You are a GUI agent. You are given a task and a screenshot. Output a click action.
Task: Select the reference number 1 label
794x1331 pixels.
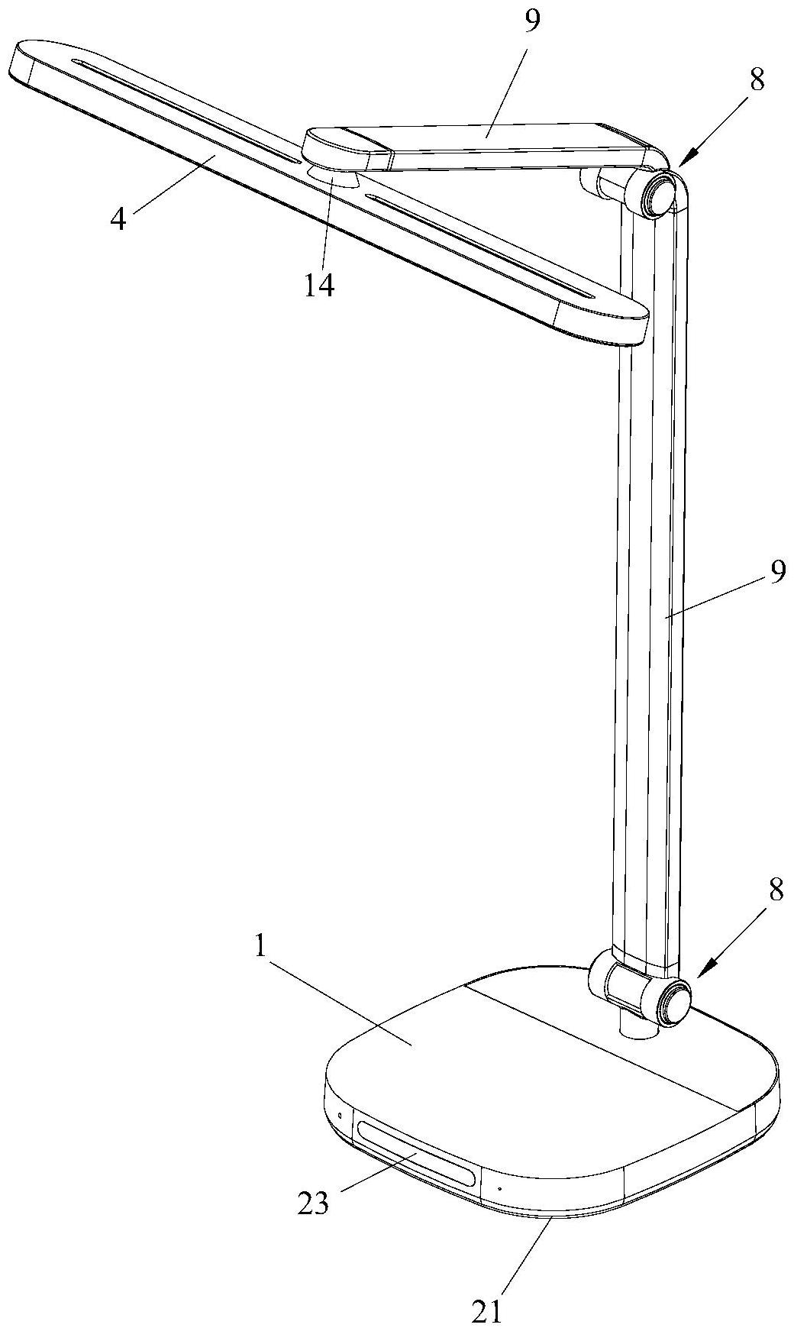[261, 948]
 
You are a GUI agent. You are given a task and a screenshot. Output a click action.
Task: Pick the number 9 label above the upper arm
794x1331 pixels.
[532, 21]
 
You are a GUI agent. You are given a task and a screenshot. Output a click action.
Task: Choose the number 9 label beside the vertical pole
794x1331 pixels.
[776, 572]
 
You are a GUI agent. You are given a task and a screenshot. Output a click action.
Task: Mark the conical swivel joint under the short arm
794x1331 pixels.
[334, 177]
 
